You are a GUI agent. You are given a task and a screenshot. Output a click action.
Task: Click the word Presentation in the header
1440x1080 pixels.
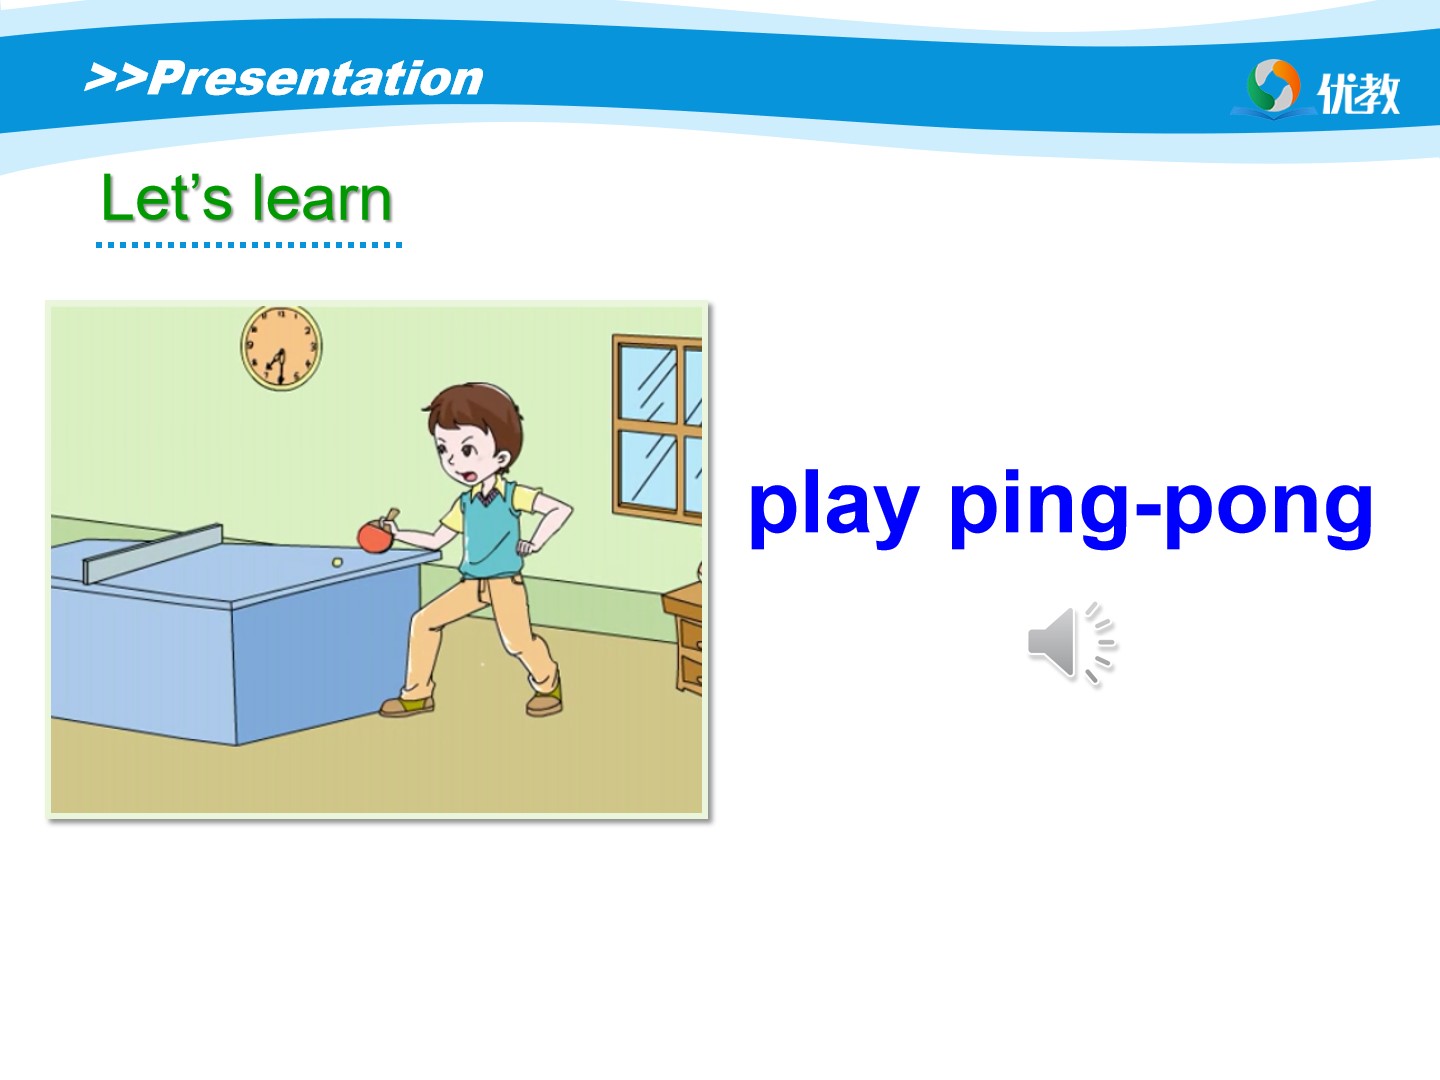tap(316, 79)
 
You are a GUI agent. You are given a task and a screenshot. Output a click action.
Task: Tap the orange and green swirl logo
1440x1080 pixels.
tap(1273, 86)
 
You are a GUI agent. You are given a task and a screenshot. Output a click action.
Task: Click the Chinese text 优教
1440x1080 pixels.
tap(1358, 94)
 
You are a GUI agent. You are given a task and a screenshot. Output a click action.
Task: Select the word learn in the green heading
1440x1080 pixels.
tap(322, 199)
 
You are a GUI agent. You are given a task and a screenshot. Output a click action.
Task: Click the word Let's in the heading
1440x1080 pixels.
tap(167, 198)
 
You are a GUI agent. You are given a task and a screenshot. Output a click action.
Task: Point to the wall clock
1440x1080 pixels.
tap(281, 348)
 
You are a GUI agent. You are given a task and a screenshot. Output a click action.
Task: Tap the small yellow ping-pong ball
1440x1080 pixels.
tap(337, 563)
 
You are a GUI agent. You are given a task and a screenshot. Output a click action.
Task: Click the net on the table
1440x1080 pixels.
tap(153, 553)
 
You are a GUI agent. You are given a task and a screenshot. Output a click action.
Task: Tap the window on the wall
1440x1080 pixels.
tap(657, 429)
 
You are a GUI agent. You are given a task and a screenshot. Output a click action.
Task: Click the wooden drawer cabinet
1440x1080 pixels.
tap(684, 638)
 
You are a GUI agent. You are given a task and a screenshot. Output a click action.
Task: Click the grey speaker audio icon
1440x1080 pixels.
tap(1072, 643)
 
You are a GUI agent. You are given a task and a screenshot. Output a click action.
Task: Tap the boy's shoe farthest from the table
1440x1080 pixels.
tap(545, 703)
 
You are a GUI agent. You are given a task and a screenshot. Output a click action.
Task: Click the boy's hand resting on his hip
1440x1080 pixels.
tap(526, 547)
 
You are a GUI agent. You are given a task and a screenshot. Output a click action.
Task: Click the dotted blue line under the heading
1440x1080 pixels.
tap(249, 245)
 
